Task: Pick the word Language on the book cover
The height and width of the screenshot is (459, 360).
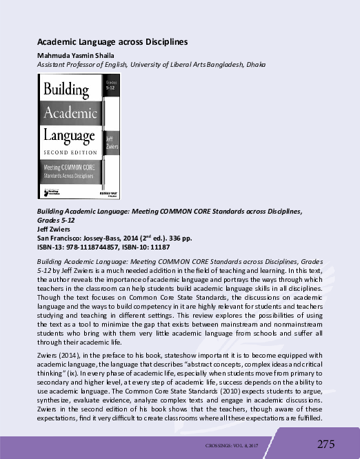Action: pyautogui.click(x=70, y=133)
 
